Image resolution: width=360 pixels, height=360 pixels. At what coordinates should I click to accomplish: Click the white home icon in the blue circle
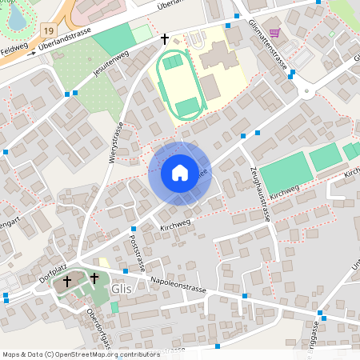tap(179, 172)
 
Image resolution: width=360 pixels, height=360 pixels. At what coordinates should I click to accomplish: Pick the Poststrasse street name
tap(137, 254)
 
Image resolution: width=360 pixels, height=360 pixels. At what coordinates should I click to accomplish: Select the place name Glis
tap(122, 290)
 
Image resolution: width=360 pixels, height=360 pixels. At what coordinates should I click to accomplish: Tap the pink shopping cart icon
tap(275, 33)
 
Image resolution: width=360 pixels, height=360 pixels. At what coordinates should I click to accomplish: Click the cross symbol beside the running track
tap(165, 38)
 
